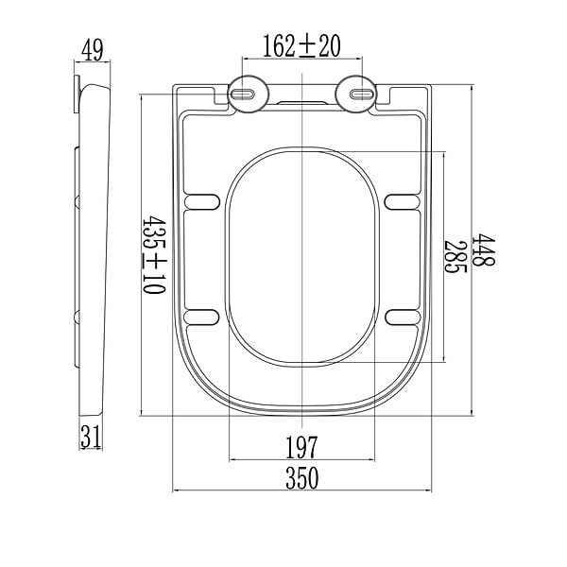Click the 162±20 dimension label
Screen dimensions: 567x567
301,46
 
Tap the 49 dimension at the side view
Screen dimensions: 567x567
93,50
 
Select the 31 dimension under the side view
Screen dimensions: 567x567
91,437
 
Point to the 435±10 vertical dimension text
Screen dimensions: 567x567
154,254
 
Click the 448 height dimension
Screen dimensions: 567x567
484,249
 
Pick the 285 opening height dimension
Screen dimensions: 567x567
455,257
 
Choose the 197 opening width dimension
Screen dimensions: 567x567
301,447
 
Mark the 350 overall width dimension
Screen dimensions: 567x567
302,477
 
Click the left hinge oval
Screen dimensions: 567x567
248,94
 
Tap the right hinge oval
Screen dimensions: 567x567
356,94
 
